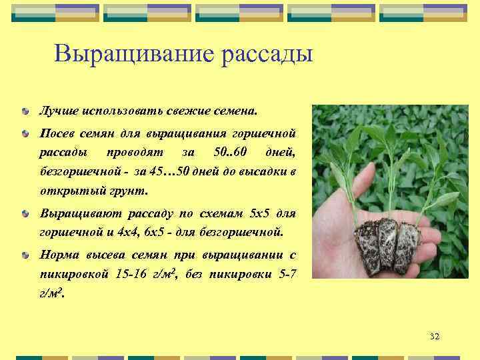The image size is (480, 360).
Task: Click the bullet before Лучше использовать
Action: [x=25, y=109]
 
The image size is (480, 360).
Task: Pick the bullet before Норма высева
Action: [x=25, y=255]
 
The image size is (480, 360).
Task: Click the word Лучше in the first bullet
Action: [x=58, y=109]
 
